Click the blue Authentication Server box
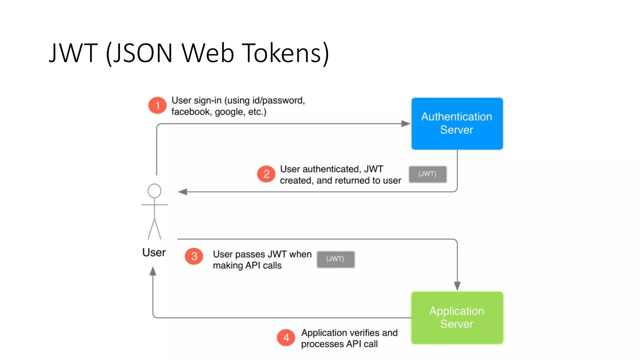point(457,123)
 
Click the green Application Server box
point(457,317)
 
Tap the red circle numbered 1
point(157,105)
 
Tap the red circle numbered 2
point(266,174)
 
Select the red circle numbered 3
point(194,256)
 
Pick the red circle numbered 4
point(286,338)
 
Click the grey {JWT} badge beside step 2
point(427,174)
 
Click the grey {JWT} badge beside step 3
point(336,259)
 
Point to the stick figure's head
point(154,191)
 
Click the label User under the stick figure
point(154,252)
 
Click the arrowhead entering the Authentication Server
point(406,124)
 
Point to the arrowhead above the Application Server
point(457,286)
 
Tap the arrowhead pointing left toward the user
point(183,192)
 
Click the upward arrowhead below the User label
point(153,271)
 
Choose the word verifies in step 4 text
point(365,332)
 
